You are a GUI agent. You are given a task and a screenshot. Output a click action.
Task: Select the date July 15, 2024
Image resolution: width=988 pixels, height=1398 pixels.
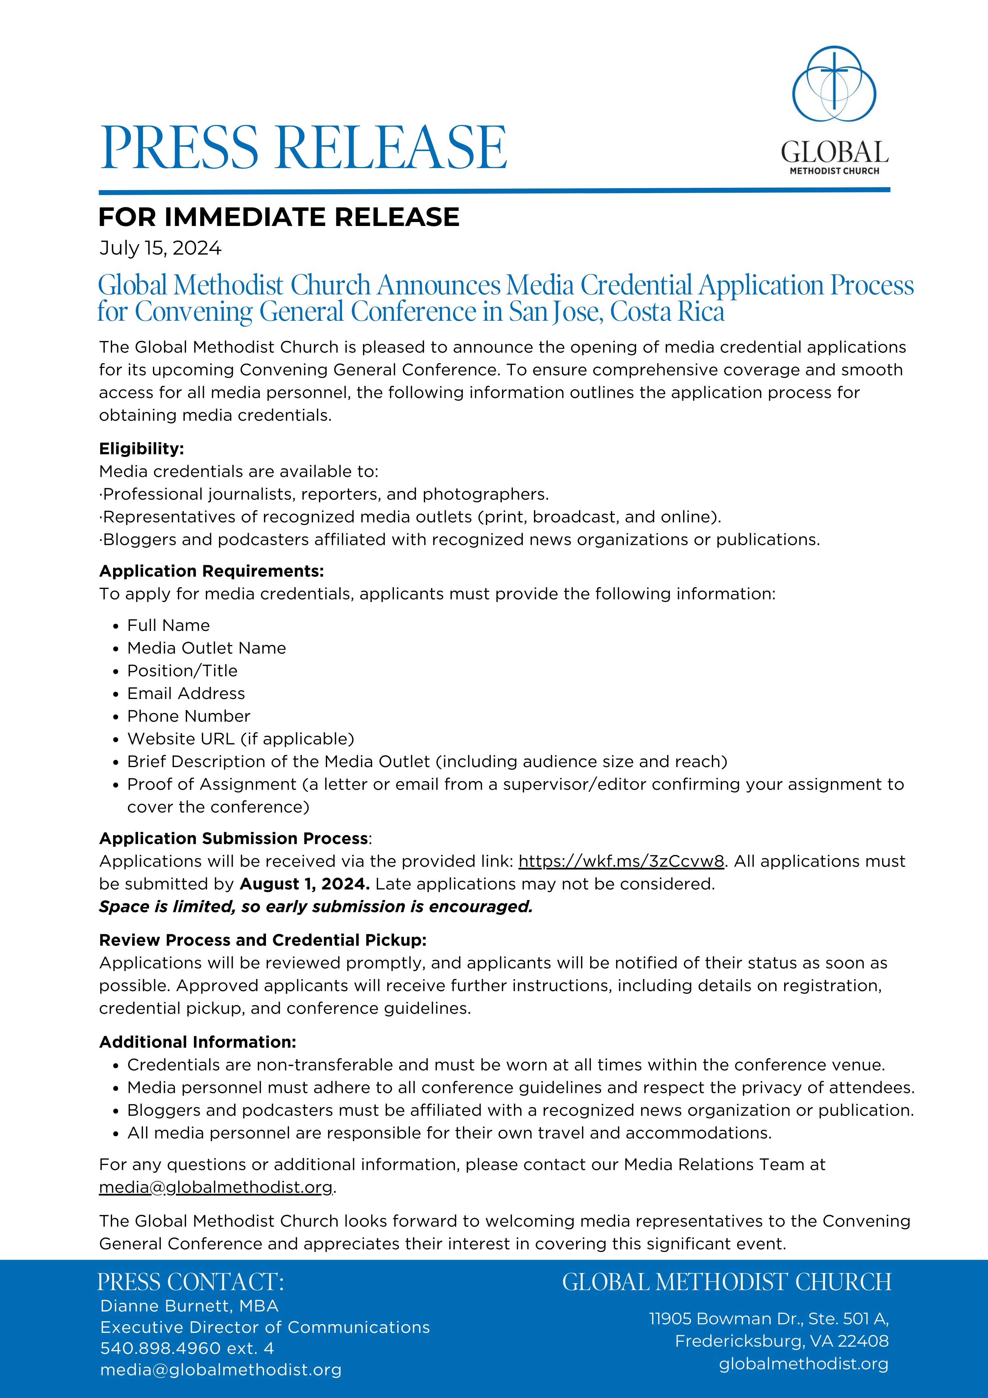(160, 248)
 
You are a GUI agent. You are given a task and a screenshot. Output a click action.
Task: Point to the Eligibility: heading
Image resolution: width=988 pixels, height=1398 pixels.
(141, 449)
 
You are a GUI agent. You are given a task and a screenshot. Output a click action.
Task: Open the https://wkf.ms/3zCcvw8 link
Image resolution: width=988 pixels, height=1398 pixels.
(621, 861)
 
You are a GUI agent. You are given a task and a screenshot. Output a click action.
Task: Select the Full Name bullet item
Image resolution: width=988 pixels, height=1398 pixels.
(168, 625)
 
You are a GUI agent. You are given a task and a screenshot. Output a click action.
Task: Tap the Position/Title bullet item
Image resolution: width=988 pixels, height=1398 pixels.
(182, 670)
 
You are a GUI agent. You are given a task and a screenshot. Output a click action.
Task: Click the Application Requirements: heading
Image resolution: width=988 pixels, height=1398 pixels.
(211, 571)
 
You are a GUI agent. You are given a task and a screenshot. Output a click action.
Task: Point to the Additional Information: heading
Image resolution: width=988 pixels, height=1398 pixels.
(197, 1042)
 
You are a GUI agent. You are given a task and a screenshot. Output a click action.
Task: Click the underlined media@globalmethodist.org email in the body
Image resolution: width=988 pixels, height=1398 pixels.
(216, 1187)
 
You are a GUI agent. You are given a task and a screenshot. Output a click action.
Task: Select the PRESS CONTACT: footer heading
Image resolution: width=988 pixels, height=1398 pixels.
(191, 1282)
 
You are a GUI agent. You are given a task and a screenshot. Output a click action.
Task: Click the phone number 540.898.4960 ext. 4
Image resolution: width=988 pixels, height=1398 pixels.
(187, 1348)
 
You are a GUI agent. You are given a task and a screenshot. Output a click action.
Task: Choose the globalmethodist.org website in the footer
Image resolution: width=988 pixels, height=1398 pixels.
(804, 1364)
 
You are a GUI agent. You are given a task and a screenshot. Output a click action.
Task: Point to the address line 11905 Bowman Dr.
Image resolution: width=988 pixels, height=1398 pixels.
(768, 1319)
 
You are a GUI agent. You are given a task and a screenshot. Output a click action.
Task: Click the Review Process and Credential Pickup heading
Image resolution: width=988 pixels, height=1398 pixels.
(262, 940)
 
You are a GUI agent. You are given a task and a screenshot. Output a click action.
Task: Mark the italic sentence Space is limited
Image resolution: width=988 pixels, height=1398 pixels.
(315, 907)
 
